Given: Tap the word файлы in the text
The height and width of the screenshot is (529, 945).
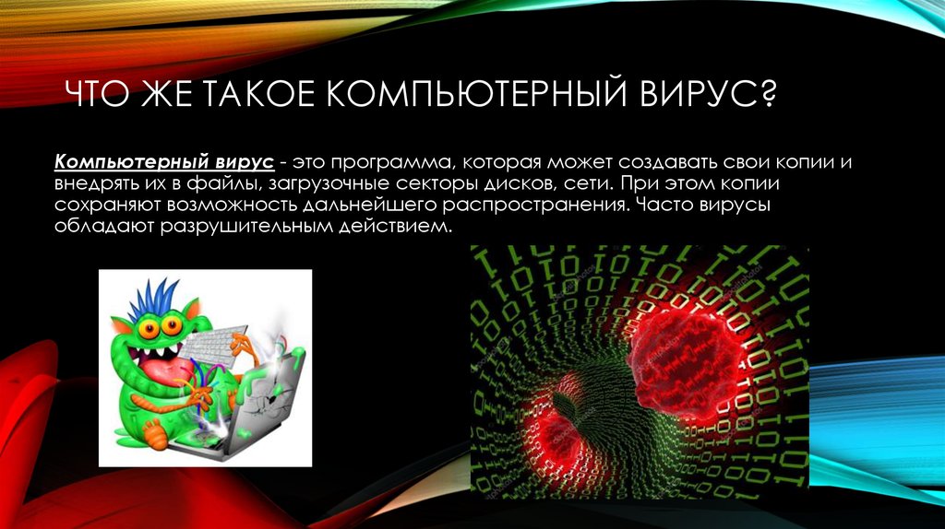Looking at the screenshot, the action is click(222, 183).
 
